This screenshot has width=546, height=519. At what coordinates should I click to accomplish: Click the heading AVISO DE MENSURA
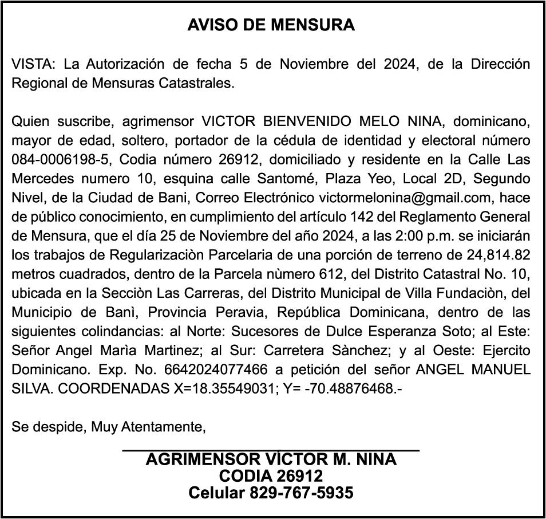pos(271,25)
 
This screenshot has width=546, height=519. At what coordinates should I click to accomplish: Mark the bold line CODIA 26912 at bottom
pos(271,475)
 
